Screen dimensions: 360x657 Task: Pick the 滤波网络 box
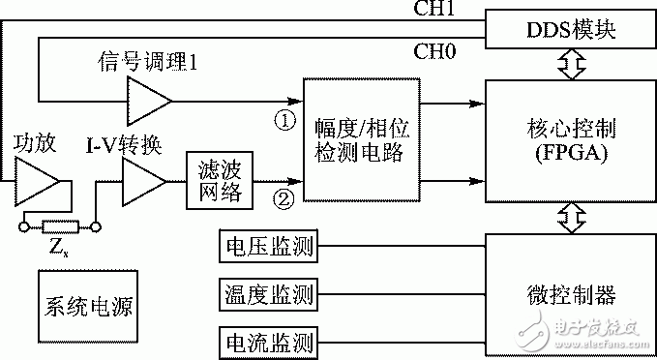click(x=218, y=180)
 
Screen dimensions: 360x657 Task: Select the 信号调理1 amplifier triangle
click(x=148, y=101)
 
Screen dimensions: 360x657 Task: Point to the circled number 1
click(x=284, y=120)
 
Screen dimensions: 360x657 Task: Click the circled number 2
click(x=284, y=201)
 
